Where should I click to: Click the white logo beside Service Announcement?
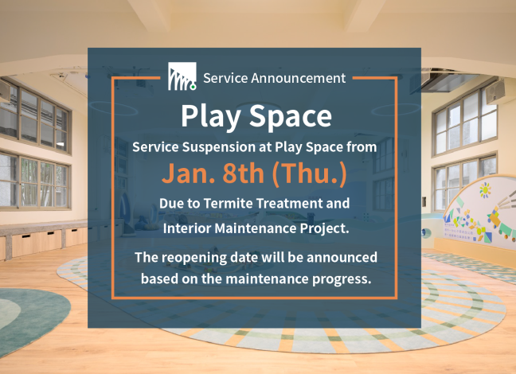tap(182, 77)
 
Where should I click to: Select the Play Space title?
tap(255, 116)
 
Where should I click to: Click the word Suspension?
tap(221, 147)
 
